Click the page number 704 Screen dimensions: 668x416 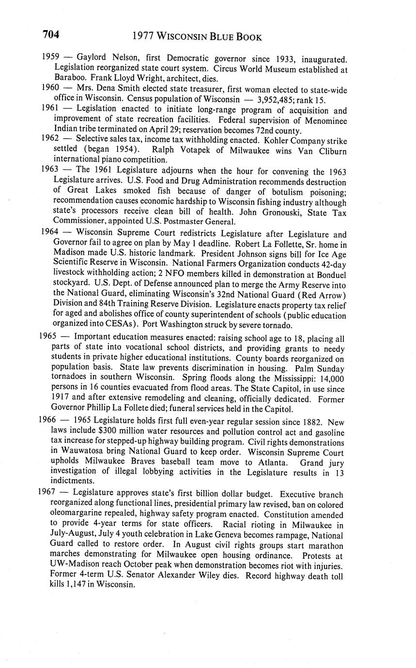(x=51, y=34)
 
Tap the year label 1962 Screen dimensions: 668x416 (x=50, y=139)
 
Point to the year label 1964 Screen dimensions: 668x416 (x=50, y=232)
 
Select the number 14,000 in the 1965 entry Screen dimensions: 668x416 (x=329, y=379)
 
